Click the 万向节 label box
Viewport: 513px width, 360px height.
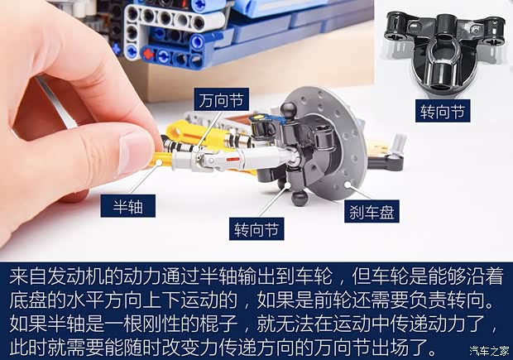click(x=221, y=99)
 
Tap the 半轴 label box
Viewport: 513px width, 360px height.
click(x=127, y=206)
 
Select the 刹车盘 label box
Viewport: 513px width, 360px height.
click(x=372, y=211)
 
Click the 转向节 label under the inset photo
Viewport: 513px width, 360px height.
click(x=443, y=111)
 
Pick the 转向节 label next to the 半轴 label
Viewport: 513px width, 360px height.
click(x=256, y=228)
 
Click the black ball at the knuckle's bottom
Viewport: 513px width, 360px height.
click(x=300, y=197)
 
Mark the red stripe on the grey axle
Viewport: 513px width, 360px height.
click(x=233, y=159)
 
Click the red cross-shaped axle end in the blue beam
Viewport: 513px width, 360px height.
click(x=148, y=53)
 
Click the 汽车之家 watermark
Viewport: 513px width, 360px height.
click(x=489, y=350)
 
